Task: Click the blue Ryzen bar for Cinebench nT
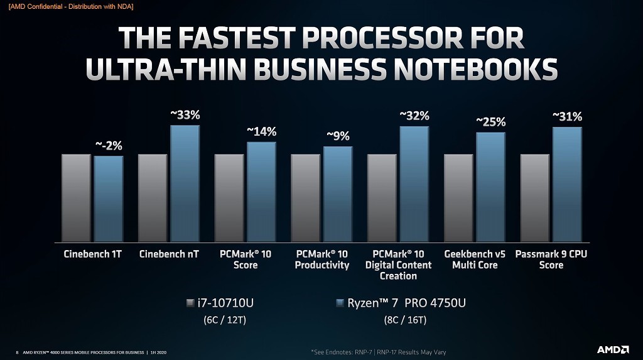click(x=184, y=183)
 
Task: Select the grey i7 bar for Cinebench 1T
click(x=76, y=198)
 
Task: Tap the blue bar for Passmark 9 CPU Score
click(x=567, y=184)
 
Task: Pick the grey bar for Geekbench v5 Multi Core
click(x=458, y=198)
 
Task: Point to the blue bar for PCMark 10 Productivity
click(x=337, y=194)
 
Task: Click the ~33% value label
click(x=185, y=115)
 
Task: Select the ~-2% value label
click(x=108, y=146)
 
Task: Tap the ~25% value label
click(x=490, y=122)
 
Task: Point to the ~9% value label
click(x=337, y=136)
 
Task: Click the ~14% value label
click(x=261, y=131)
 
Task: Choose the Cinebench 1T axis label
click(x=92, y=254)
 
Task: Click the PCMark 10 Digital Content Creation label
click(x=398, y=265)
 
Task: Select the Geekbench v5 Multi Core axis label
click(x=475, y=259)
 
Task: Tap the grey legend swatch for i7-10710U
click(x=191, y=303)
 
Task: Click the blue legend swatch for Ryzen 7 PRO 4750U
click(x=340, y=303)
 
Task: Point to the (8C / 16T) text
click(x=405, y=320)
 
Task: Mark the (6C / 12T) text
click(x=224, y=320)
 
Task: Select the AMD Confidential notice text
click(x=71, y=6)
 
